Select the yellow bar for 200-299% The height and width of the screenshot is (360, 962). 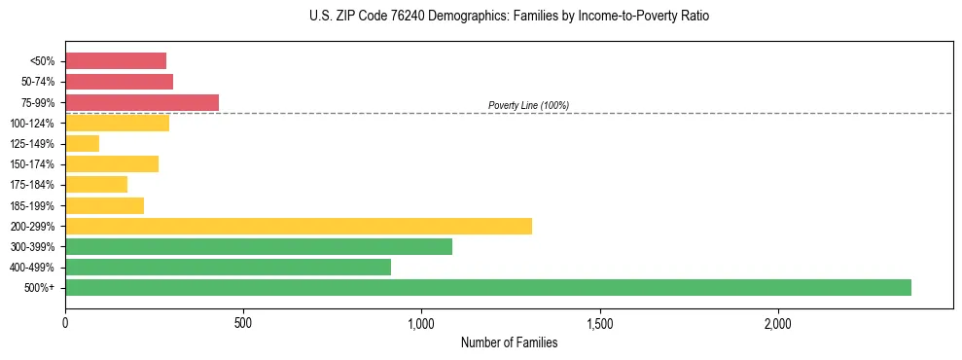(x=299, y=226)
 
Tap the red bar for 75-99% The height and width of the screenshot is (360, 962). (x=142, y=102)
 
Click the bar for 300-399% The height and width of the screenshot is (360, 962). (x=259, y=246)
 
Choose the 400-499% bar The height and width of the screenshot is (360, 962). (x=229, y=267)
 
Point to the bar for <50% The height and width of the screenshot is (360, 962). (x=116, y=61)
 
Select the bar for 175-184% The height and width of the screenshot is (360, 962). (x=96, y=185)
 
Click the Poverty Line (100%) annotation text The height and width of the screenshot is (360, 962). (x=528, y=105)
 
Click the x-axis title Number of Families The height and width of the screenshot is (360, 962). (x=509, y=342)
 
